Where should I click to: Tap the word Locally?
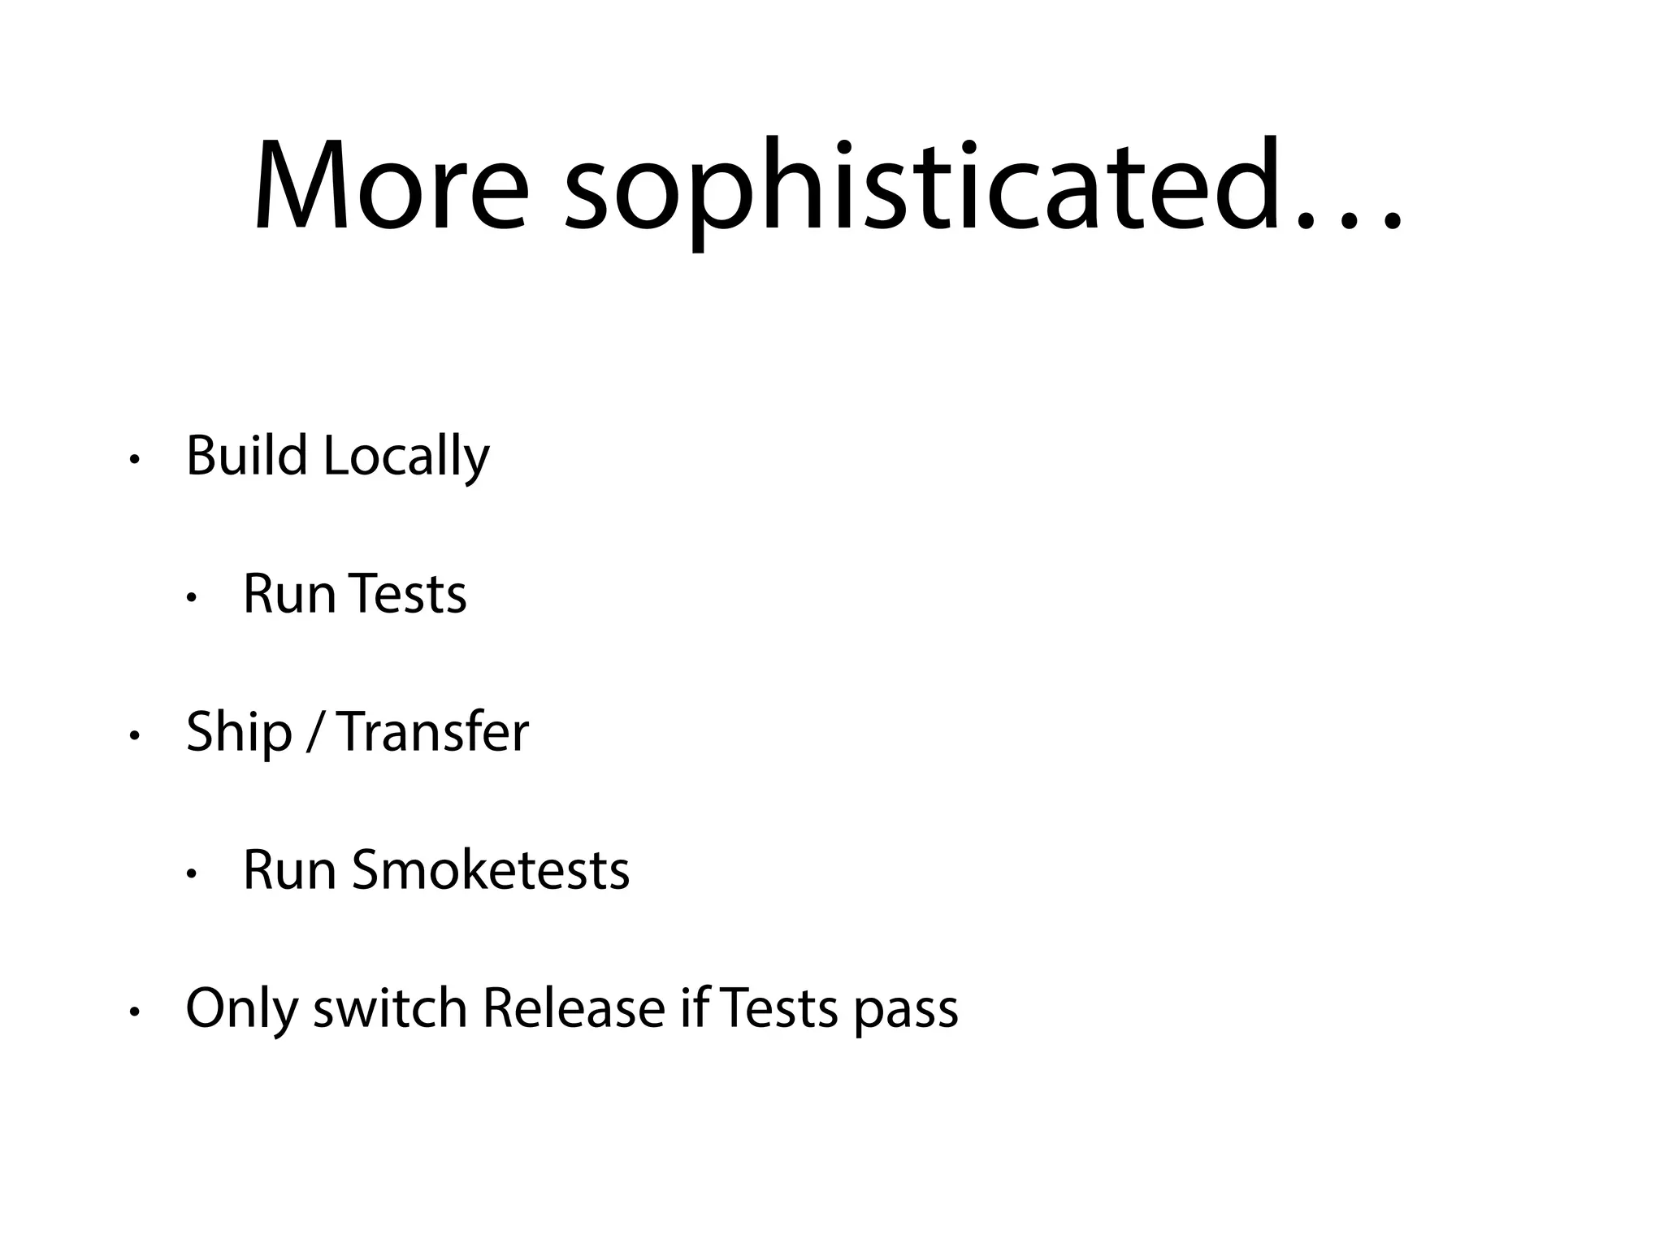coord(406,457)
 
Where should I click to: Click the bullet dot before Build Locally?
coord(134,461)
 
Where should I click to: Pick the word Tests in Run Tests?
coord(410,594)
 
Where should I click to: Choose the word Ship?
coord(238,733)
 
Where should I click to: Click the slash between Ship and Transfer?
coord(314,733)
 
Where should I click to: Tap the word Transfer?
coord(432,732)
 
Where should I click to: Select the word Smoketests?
coord(490,870)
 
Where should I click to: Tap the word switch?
coord(389,1008)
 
